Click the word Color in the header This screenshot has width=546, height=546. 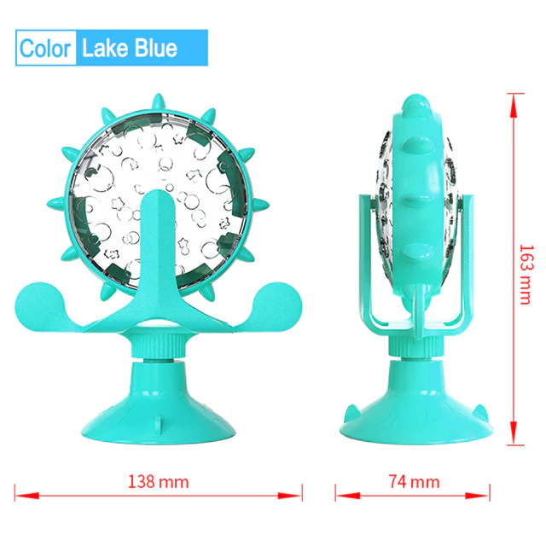[x=46, y=47]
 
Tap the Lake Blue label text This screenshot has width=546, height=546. [x=129, y=47]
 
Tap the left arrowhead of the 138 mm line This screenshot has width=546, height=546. [x=20, y=494]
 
